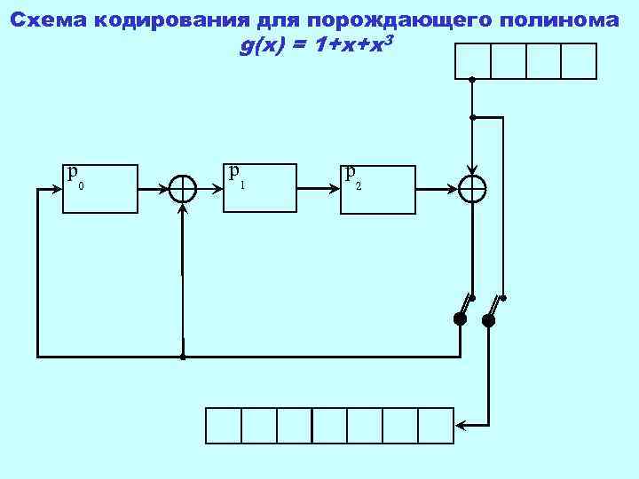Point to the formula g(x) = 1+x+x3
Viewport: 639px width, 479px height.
click(x=311, y=46)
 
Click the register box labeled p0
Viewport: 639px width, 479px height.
click(x=101, y=189)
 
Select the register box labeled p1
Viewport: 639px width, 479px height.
click(x=259, y=189)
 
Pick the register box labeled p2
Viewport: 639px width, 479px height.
click(x=378, y=190)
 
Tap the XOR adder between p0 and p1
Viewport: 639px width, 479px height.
click(x=183, y=189)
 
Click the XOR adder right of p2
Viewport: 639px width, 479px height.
click(x=472, y=189)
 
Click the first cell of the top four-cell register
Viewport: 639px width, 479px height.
click(x=472, y=61)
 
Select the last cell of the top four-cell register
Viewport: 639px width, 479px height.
click(x=579, y=61)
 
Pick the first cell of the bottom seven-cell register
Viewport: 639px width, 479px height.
click(x=224, y=425)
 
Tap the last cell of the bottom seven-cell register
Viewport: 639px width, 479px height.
click(x=436, y=425)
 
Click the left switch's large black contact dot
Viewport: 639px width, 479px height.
click(x=460, y=319)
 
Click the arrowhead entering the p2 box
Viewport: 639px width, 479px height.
click(x=336, y=189)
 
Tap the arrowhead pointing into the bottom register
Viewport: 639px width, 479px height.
click(x=461, y=425)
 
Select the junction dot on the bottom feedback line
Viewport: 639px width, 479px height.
click(x=182, y=357)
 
